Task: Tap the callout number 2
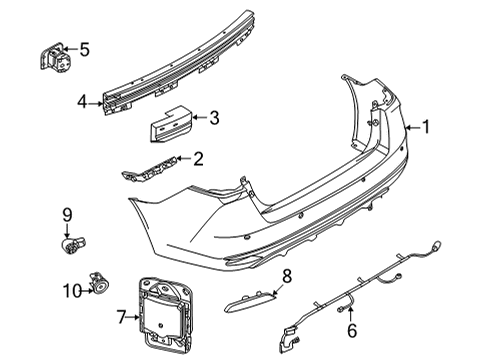coord(198,157)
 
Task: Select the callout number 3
coord(213,118)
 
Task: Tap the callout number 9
coord(68,213)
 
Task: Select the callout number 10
coord(68,291)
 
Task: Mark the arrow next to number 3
coord(198,118)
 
